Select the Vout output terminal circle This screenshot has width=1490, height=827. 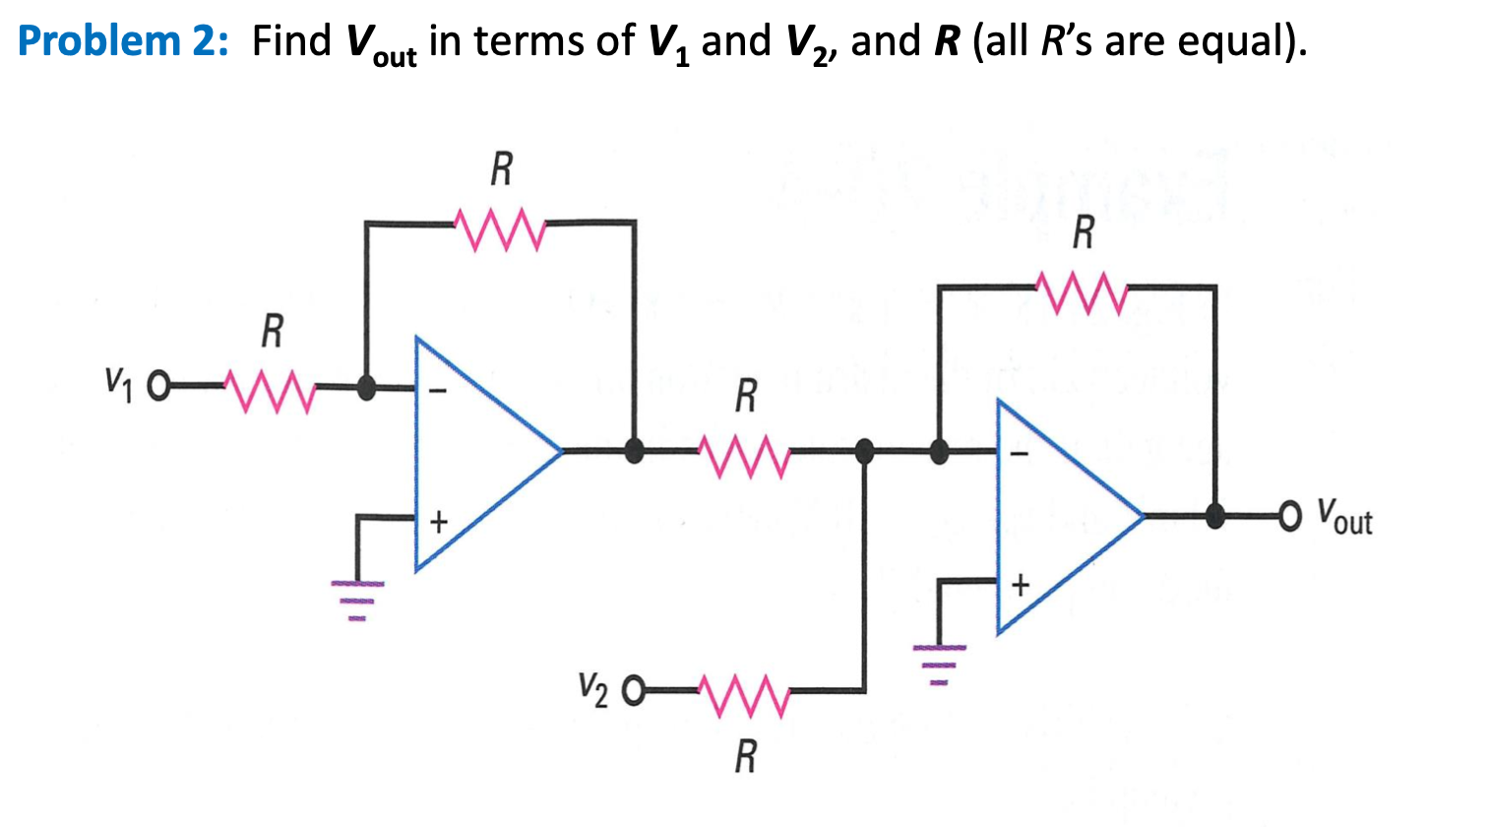[1290, 514]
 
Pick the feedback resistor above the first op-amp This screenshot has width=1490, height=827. [500, 227]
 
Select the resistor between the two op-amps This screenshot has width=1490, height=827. [744, 455]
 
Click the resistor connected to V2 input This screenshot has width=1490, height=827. [743, 694]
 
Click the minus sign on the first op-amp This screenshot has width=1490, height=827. [440, 391]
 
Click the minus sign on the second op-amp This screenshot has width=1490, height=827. [1021, 455]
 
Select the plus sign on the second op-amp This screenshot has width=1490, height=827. [1021, 587]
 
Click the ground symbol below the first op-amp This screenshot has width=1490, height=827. [357, 597]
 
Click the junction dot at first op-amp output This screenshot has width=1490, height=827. [635, 451]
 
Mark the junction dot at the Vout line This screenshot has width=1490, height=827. [1215, 514]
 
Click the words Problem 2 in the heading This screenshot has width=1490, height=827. [124, 41]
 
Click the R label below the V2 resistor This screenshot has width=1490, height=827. [746, 757]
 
